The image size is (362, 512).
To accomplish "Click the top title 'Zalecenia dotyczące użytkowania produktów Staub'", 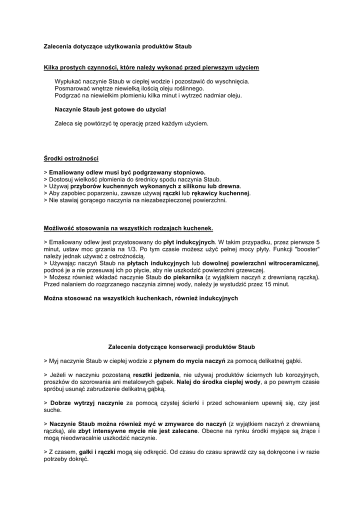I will pos(117,46).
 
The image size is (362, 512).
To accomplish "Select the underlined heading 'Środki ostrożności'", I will pos(71,159).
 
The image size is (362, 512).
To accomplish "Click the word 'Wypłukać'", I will pos(67,81).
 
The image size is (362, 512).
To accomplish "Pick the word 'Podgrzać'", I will pos(67,95).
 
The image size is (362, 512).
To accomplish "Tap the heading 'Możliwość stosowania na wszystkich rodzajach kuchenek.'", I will pos(128,228).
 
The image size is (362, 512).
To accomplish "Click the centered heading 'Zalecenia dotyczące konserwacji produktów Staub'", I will pos(181,346).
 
